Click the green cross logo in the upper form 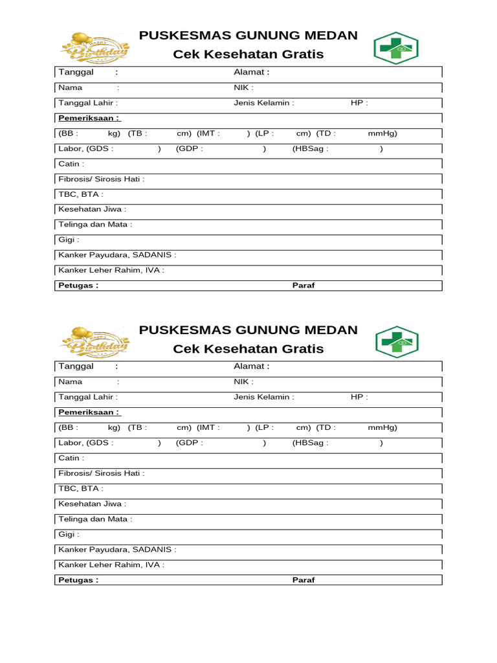[x=395, y=49]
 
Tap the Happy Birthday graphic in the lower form [x=94, y=342]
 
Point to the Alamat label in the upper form [x=251, y=73]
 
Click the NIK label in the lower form [x=243, y=382]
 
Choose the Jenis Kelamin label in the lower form [x=263, y=398]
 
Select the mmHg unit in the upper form [x=382, y=134]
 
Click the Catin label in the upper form [x=71, y=164]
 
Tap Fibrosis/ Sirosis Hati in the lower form [x=102, y=473]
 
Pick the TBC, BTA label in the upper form [x=81, y=194]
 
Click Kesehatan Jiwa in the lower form [x=93, y=504]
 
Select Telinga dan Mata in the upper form [x=95, y=225]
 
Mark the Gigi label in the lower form [x=69, y=535]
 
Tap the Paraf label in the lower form [x=304, y=580]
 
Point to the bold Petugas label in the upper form [x=78, y=286]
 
